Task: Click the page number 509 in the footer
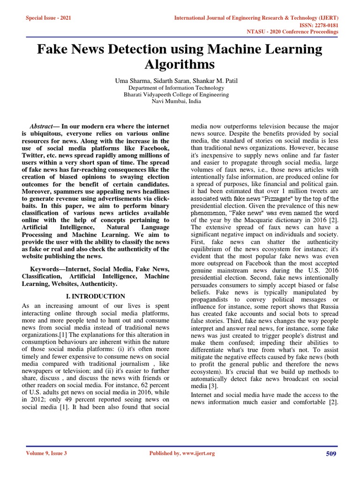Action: click(x=331, y=453)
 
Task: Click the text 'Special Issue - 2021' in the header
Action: click(x=49, y=17)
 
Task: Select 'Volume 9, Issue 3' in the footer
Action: click(x=46, y=453)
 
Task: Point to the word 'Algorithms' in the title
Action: click(x=180, y=64)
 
